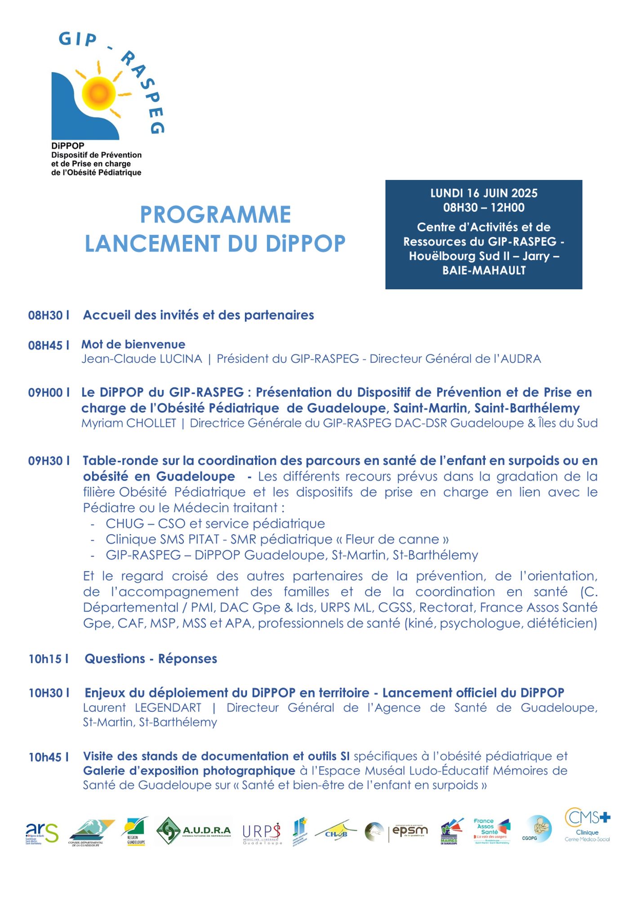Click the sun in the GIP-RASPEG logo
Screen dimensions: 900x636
(98, 94)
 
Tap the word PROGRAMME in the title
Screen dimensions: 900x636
(215, 214)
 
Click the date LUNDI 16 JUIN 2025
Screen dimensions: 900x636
(484, 193)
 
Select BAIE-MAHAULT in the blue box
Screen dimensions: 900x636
(484, 270)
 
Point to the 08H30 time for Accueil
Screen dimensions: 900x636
(45, 315)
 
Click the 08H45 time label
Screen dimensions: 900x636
(45, 345)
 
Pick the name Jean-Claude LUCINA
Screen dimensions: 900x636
(142, 359)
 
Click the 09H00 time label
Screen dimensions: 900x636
(45, 392)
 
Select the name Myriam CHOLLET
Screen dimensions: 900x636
(129, 423)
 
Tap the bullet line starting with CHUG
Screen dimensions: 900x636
(215, 523)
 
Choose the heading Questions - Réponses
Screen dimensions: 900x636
(151, 658)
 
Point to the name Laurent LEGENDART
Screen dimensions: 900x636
(142, 707)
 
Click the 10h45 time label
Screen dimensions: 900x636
(45, 757)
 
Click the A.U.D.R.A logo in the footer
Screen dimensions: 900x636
(194, 831)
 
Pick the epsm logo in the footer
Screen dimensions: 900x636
(409, 831)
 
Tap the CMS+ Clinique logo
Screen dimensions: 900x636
(587, 825)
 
